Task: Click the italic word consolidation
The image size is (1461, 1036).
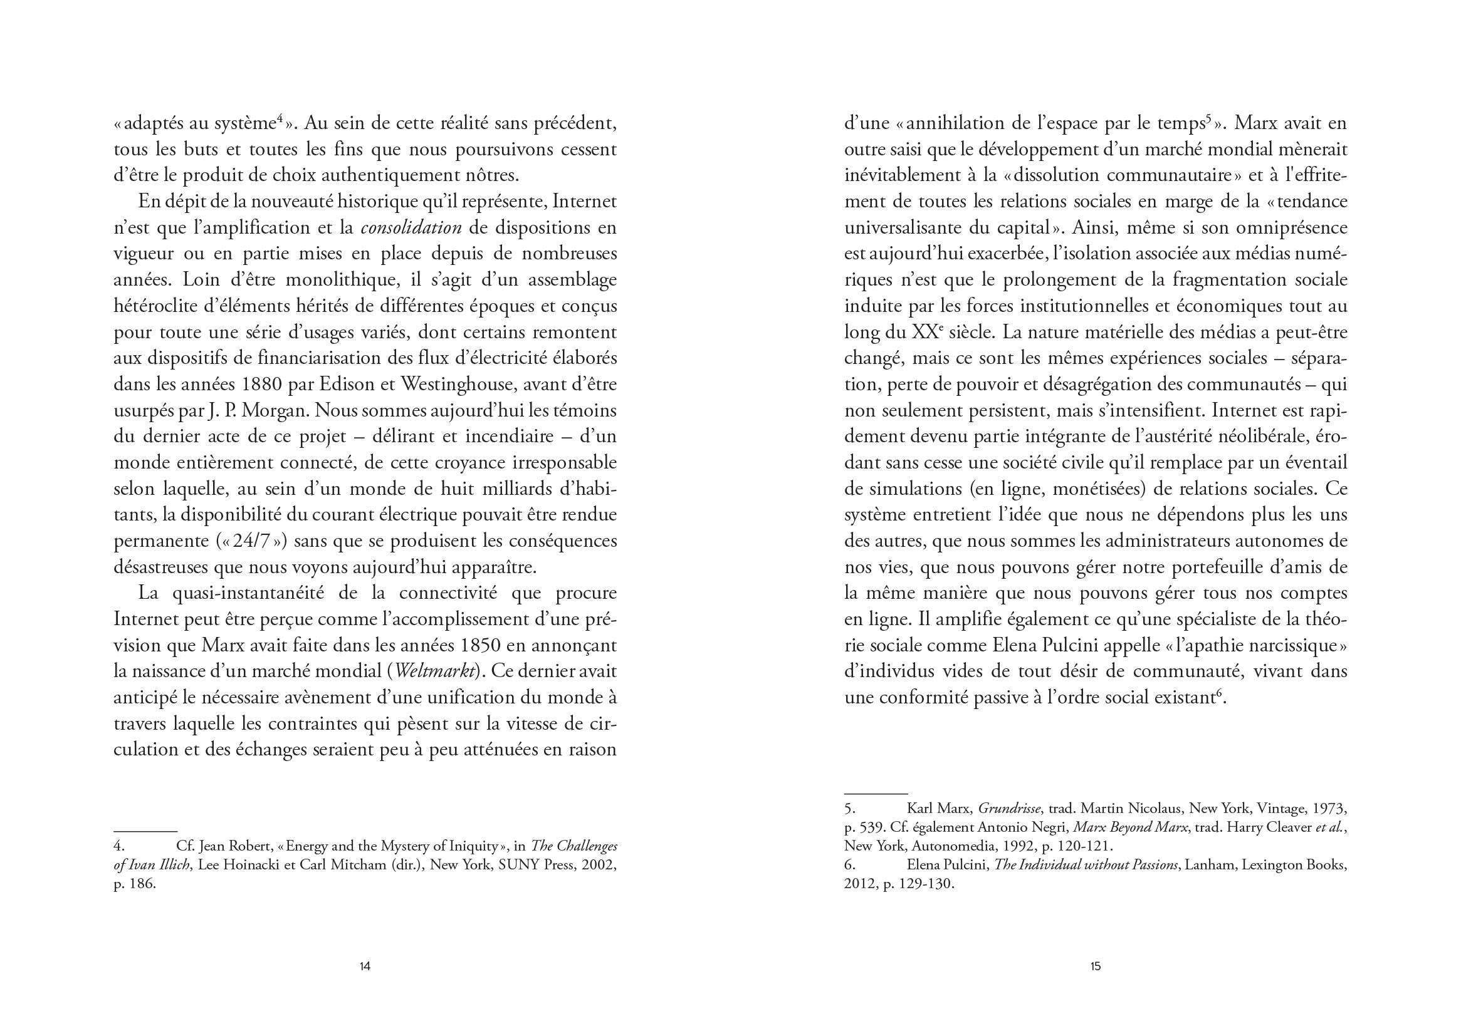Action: (411, 228)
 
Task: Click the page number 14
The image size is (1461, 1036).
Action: (365, 966)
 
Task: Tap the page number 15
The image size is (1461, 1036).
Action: (1095, 966)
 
